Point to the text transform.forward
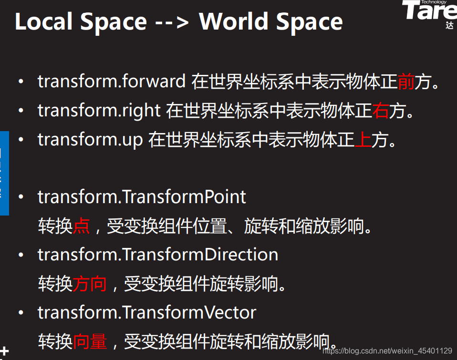point(112,82)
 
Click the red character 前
point(405,82)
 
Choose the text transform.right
point(99,111)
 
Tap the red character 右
point(380,111)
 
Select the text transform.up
point(90,140)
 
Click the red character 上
point(363,140)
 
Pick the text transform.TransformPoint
point(142,197)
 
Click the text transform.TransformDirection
point(158,255)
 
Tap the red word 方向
point(90,284)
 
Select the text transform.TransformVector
point(147,313)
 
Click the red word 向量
point(90,341)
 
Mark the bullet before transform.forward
point(21,82)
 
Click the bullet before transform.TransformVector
point(21,313)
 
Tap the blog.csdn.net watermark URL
point(387,351)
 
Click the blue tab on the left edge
point(4,173)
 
